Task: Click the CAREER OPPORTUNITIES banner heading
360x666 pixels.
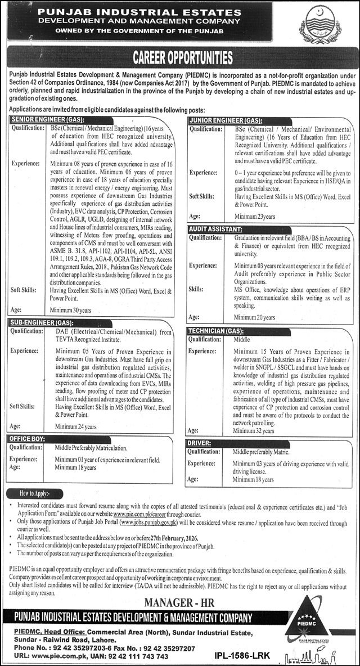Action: click(182, 57)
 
